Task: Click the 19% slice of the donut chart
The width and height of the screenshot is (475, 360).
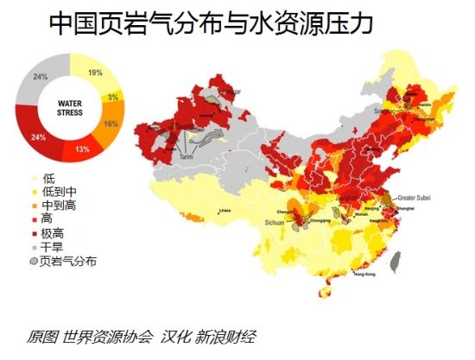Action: pos(94,73)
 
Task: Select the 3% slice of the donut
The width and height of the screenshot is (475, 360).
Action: pos(113,97)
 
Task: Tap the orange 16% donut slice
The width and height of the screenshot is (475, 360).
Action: pos(110,123)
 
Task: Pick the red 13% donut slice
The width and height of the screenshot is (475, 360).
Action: pos(82,148)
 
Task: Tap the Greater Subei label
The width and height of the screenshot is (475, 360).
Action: pos(415,197)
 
